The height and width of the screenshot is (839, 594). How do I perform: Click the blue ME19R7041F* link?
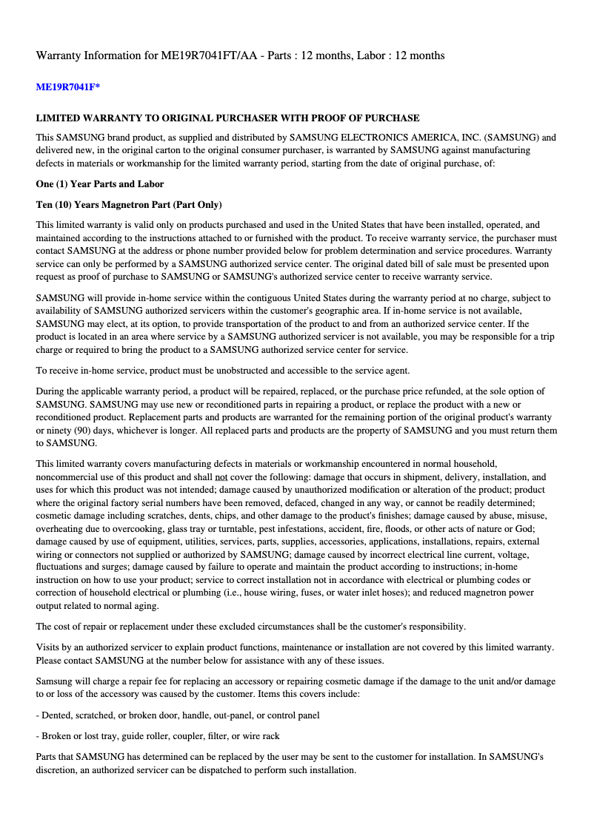67,87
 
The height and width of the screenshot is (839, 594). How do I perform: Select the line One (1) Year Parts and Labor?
100,184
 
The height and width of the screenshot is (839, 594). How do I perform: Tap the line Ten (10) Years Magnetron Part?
129,205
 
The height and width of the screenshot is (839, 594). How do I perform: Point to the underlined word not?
221,478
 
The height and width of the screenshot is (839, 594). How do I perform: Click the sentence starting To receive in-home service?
222,371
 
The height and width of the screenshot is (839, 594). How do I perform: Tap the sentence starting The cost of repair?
250,627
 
